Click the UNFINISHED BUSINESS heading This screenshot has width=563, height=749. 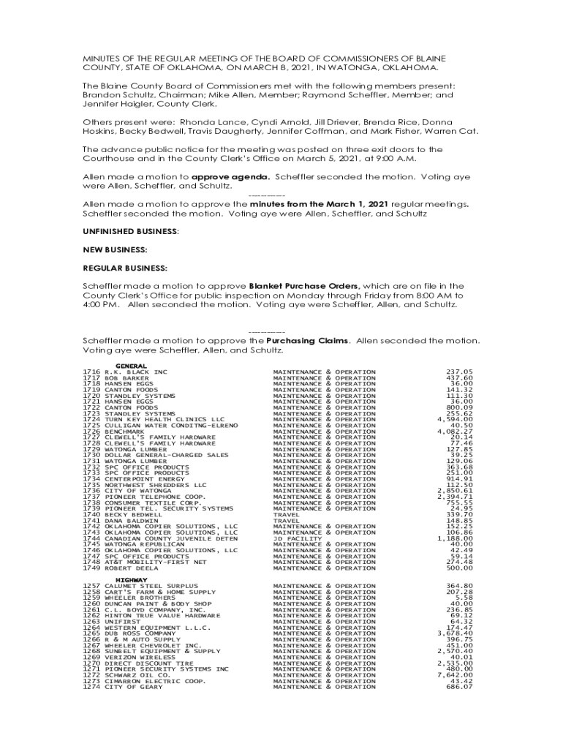point(130,231)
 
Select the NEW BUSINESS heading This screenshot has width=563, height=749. point(114,249)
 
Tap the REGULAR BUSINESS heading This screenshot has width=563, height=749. point(124,268)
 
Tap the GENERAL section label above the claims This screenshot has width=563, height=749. point(132,366)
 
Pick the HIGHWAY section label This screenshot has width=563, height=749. point(132,580)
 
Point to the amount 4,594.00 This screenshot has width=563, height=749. point(455,420)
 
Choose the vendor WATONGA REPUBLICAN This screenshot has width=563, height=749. point(145,544)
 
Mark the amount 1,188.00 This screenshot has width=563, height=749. point(455,538)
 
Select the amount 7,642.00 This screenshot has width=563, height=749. point(455,675)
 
